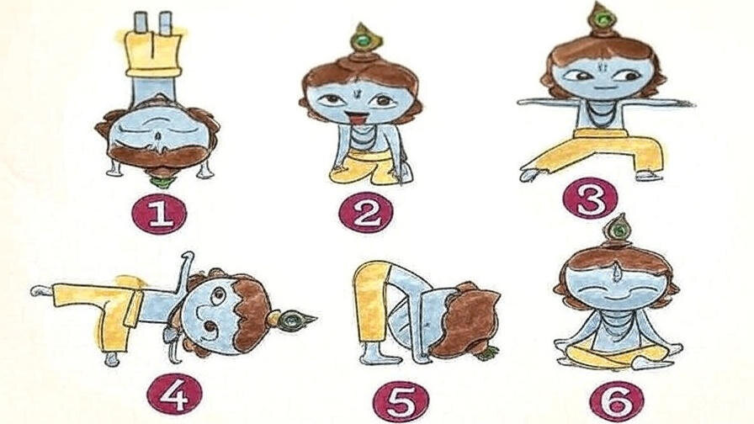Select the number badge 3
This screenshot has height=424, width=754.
click(x=591, y=199)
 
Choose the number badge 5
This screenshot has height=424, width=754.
click(x=401, y=400)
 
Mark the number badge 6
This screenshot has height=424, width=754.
click(x=617, y=400)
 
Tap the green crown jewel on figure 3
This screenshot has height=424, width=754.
click(x=600, y=19)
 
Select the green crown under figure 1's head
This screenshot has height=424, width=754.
click(x=159, y=183)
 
